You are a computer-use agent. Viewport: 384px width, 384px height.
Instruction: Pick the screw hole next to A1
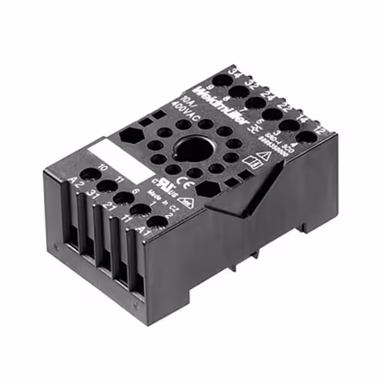pos(157,221)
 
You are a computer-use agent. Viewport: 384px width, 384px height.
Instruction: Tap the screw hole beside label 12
pos(306,137)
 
